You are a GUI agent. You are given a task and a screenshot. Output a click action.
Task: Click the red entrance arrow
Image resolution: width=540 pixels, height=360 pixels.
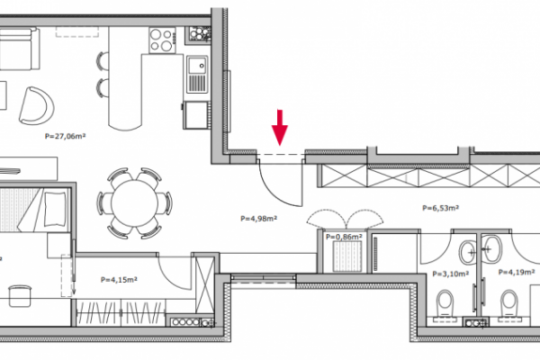[x=280, y=128]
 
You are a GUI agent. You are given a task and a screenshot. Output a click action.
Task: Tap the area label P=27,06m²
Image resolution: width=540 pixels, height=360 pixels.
[x=65, y=136]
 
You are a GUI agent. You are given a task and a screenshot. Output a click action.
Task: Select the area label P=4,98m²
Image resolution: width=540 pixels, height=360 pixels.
[x=259, y=219]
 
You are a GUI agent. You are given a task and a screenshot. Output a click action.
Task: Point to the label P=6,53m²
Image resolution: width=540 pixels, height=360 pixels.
[x=440, y=208]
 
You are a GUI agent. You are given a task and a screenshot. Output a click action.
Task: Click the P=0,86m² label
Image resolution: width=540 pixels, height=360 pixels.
[x=344, y=237]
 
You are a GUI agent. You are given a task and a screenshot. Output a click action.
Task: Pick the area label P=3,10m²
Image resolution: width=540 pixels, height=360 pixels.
[x=451, y=274]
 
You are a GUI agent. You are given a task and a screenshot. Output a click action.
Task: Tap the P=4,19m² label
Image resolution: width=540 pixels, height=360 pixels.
[x=517, y=272]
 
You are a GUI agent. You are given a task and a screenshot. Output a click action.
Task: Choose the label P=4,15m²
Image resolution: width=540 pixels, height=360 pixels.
[x=119, y=280]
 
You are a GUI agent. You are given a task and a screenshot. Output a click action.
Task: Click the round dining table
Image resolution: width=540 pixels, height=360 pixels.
[x=135, y=202]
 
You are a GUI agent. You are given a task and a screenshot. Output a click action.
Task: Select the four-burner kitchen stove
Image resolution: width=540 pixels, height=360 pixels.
[x=162, y=40]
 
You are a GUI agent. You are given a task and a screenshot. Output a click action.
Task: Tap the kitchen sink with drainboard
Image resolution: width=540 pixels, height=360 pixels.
[x=197, y=75]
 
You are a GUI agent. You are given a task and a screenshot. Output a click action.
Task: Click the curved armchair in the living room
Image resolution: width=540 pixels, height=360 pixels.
[x=37, y=106]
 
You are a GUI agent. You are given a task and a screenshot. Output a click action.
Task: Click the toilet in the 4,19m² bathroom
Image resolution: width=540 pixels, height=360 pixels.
[x=509, y=304]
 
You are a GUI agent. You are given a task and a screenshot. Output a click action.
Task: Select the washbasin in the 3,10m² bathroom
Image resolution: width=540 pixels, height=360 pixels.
[x=468, y=252]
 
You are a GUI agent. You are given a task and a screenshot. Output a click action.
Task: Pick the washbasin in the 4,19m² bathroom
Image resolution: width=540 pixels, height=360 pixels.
[x=492, y=248]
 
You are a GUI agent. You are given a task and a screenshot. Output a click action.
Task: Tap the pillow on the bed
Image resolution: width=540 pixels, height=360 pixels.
[x=55, y=210]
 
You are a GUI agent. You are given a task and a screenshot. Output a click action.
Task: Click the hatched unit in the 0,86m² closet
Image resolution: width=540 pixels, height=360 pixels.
[x=346, y=256]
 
